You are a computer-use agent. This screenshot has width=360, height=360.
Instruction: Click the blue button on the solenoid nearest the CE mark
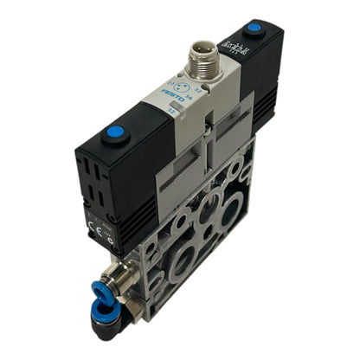tap(113, 134)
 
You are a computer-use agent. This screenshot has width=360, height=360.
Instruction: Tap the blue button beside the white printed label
tap(254, 28)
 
